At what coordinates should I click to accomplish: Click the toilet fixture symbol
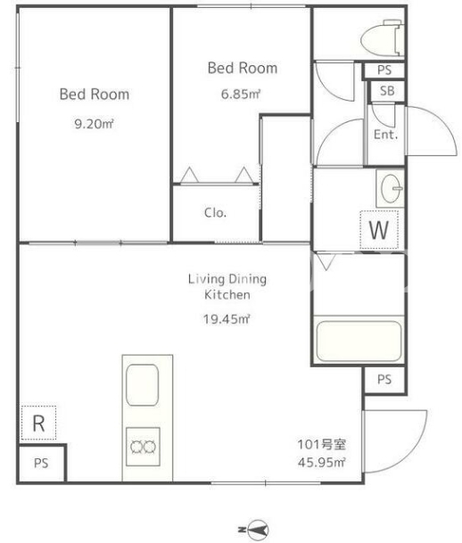click(382, 38)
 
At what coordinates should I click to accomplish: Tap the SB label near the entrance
click(387, 91)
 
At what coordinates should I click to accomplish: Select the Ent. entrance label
click(385, 135)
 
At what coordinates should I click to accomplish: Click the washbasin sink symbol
click(391, 188)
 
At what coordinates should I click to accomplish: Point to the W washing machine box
click(379, 230)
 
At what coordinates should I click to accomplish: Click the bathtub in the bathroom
click(359, 341)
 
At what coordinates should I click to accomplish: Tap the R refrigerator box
click(38, 423)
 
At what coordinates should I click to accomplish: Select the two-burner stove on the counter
click(143, 447)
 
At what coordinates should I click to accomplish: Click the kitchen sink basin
click(143, 385)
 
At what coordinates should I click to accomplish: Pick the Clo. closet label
click(215, 212)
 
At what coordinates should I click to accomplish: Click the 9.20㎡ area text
click(95, 124)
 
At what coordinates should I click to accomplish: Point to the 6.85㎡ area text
click(241, 95)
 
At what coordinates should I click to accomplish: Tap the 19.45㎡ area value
click(227, 319)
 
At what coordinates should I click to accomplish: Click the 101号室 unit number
click(322, 444)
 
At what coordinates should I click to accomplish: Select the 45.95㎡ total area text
click(321, 463)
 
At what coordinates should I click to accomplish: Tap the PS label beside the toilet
click(384, 70)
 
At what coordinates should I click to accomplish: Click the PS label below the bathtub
click(384, 380)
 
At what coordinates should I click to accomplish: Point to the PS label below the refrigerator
click(41, 464)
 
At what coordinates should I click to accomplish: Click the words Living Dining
click(227, 279)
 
